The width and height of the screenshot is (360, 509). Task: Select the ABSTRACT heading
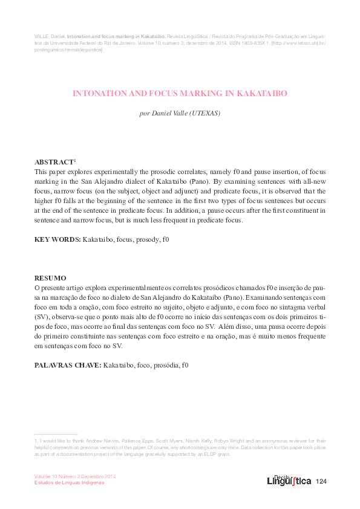[x=53, y=163]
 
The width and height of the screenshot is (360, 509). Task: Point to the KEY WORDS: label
[x=57, y=240]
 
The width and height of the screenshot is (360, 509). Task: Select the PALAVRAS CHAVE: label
[x=68, y=365]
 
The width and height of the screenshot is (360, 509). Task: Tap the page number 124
[x=321, y=481]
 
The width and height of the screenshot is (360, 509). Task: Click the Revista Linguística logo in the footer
[x=289, y=480]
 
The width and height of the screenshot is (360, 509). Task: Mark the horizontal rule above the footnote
[x=56, y=434]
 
